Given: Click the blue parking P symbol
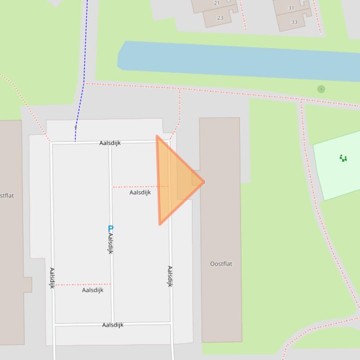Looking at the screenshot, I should point(110,229).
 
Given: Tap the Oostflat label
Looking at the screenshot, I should point(221,264).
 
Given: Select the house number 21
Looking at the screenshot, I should point(217,3).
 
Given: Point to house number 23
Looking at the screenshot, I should point(220,18).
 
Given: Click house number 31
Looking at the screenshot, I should point(291,8).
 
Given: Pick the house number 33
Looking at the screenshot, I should point(294,22).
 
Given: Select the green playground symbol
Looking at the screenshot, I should point(343,158).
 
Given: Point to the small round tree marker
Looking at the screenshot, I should point(321,89).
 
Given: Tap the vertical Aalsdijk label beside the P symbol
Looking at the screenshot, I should point(111,244).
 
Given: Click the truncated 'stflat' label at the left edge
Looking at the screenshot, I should point(7,195).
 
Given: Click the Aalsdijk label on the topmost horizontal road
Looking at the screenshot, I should point(110,143).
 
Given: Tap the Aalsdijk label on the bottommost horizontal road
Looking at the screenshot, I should point(113,325).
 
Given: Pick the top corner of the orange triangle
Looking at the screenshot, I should point(157,137).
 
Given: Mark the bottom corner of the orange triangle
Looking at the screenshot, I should point(160,224).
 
